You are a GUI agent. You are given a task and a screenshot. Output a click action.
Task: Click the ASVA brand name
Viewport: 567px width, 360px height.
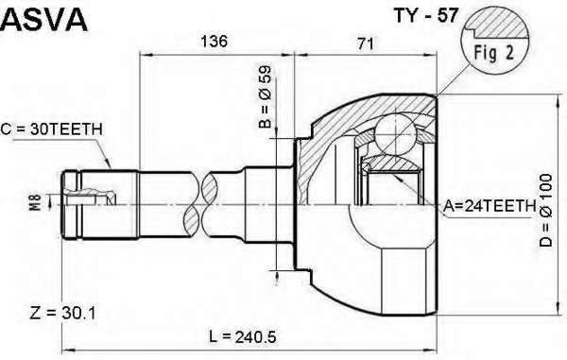44,20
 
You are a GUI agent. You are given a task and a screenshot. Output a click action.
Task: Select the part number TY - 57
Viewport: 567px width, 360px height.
426,15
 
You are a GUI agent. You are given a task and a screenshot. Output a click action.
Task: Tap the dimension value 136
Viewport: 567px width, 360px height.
215,42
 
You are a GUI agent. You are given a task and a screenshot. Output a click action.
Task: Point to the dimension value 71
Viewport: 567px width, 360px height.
365,43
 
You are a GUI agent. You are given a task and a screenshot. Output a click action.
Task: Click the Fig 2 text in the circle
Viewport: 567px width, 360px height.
494,53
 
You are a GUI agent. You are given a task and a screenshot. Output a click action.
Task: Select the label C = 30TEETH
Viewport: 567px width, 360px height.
51,129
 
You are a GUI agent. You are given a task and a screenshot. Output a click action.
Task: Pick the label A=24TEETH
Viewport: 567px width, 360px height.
490,206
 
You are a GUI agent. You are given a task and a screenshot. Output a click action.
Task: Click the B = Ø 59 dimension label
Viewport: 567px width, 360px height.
265,97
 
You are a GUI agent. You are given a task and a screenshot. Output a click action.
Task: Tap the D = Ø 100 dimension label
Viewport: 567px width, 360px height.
546,211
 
